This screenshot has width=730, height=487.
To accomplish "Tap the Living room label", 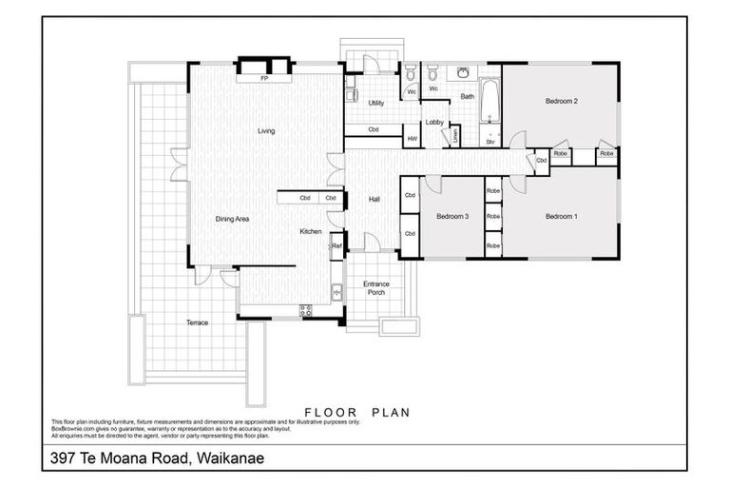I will pos(266,131).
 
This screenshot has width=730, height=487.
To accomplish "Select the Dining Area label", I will pos(232,219).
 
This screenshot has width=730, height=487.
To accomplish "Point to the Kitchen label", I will pos(311,232).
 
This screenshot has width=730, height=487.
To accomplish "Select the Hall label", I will pos(374,199).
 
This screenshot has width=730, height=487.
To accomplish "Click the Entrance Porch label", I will pos(376,288).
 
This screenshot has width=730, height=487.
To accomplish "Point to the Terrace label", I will pos(197,322).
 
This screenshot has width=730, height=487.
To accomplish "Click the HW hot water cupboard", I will pos(412,139).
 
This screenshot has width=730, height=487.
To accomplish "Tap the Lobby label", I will pos(434,122).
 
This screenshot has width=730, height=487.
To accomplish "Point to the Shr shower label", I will pos(490,143).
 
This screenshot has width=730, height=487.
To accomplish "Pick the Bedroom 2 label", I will pos(561,101).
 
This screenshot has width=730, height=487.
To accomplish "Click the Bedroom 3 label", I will pos(452,216).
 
